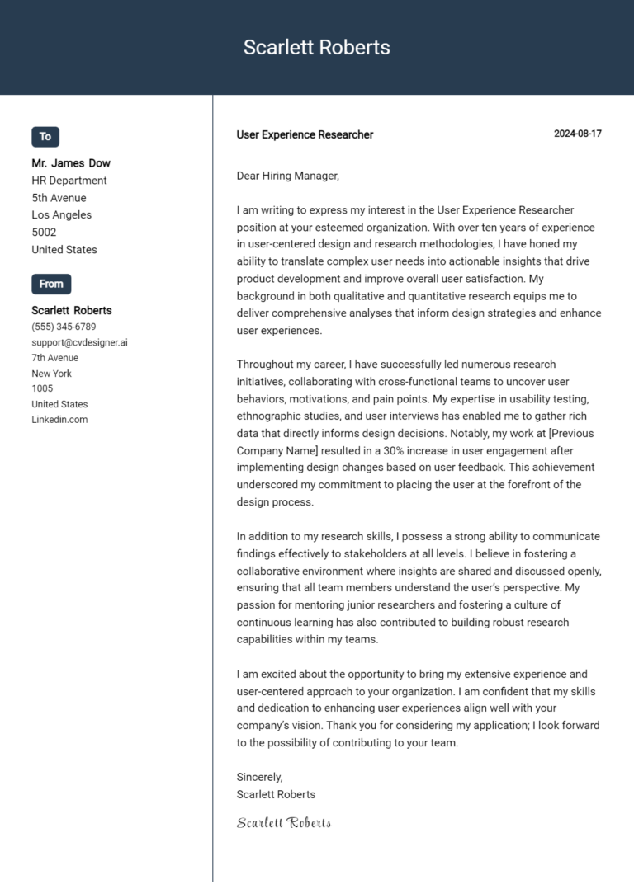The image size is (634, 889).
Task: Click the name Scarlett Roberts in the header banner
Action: point(316,48)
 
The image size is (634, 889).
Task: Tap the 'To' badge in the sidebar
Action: point(45,137)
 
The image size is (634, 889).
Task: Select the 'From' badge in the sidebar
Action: point(51,284)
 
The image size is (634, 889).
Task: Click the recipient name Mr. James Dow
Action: point(71,163)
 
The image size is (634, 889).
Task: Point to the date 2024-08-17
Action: point(577,134)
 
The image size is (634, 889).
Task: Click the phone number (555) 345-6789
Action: point(64,327)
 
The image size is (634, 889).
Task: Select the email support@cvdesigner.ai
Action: point(79,342)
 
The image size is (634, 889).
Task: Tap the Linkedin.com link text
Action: point(59,420)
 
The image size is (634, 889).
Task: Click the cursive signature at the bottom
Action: point(284,822)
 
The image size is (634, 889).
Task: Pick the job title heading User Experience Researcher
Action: point(305,134)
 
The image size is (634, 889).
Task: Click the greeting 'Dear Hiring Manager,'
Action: point(287,176)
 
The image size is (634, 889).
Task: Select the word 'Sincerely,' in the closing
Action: point(259,777)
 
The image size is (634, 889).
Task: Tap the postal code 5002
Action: point(44,233)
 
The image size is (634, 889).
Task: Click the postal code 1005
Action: point(42,388)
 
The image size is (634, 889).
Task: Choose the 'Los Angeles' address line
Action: point(62,215)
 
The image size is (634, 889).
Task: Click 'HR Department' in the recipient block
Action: point(69,181)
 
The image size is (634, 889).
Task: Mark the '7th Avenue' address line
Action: point(55,358)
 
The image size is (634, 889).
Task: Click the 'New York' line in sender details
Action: point(52,374)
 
